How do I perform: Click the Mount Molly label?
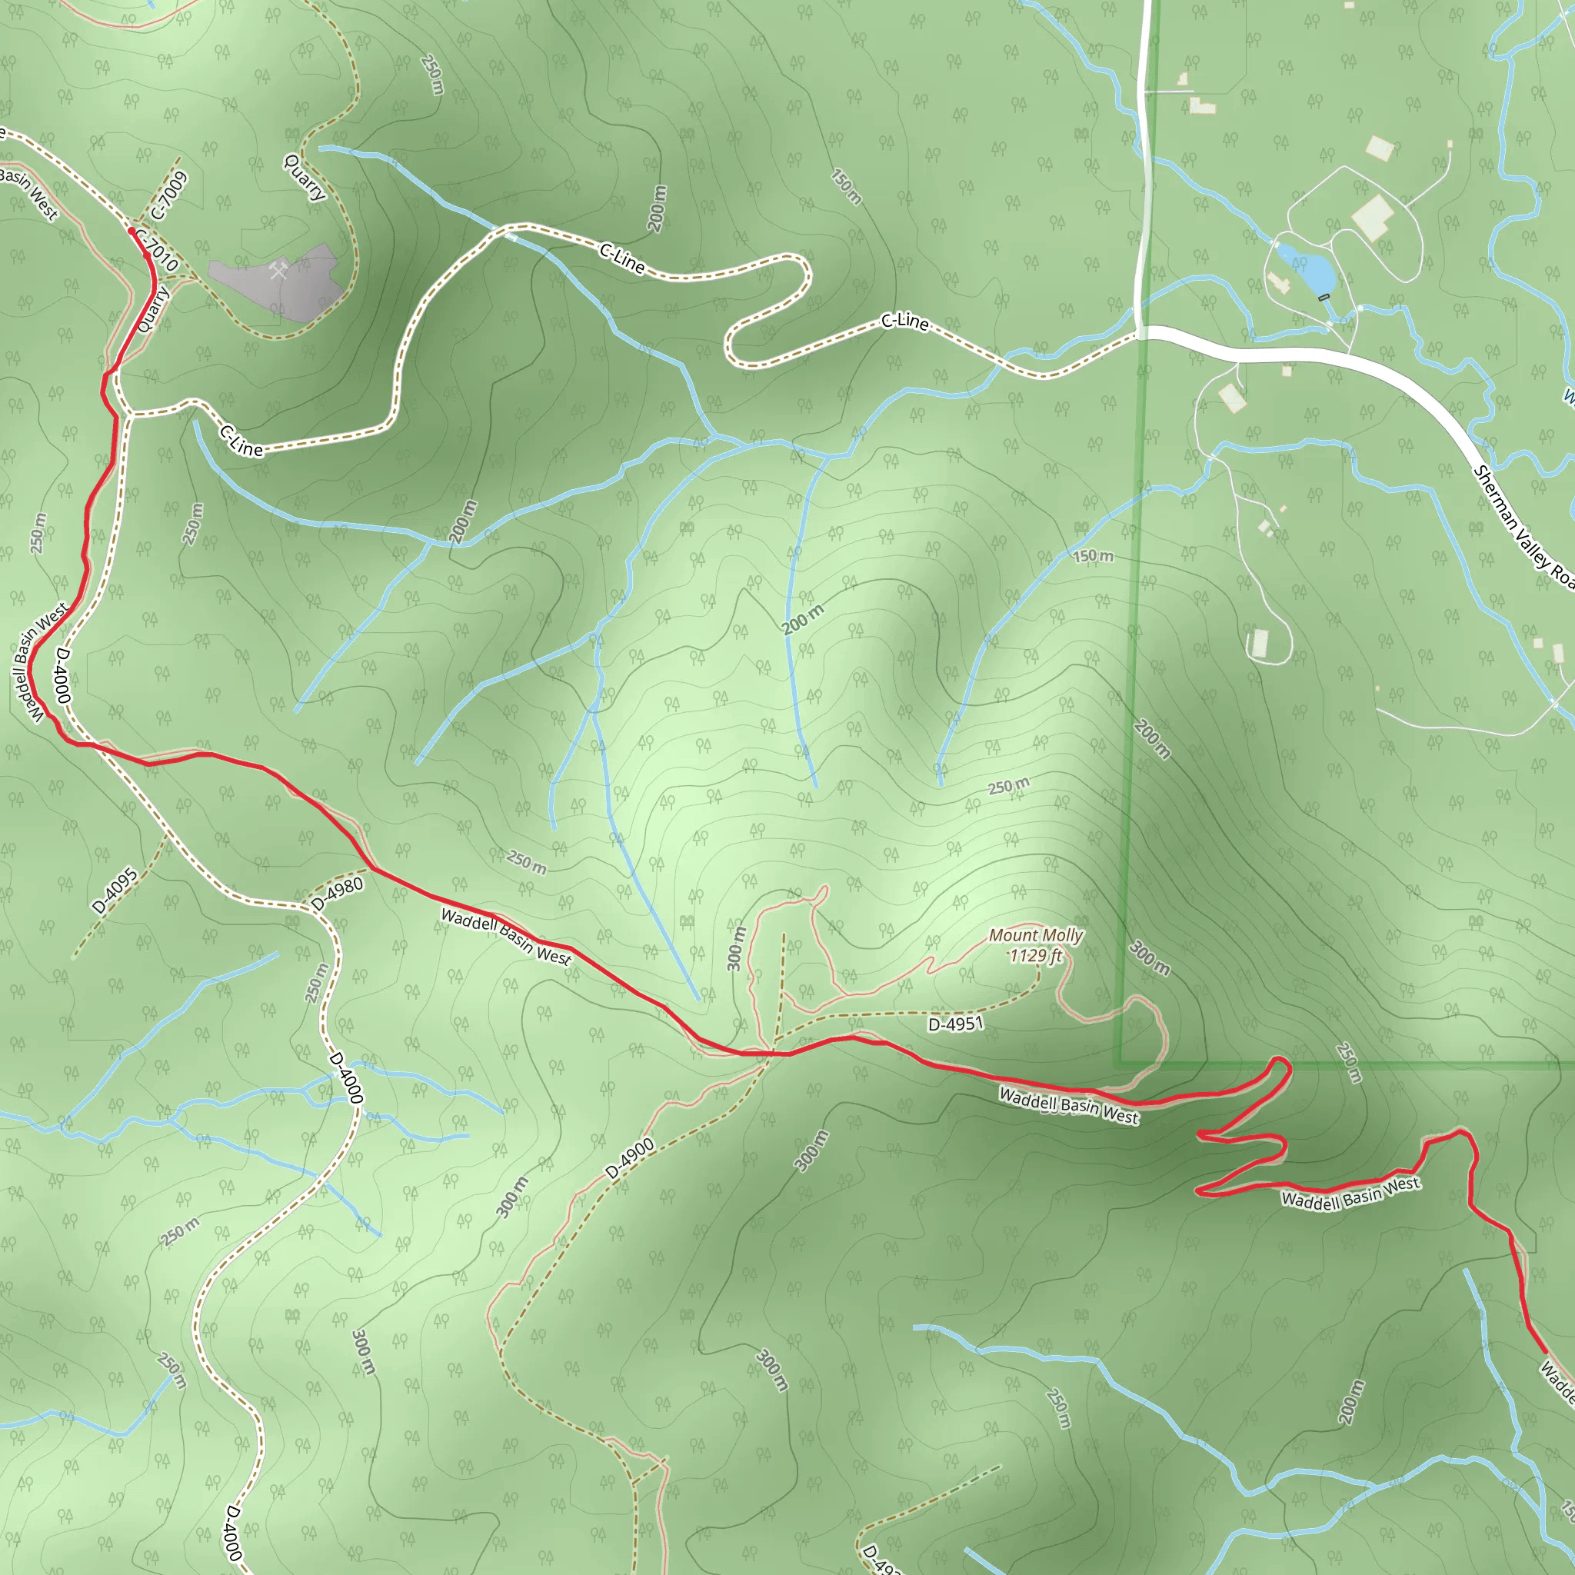1035,935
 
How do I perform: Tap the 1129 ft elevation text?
1035,955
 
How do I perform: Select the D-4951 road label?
955,1023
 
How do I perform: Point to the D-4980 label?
338,894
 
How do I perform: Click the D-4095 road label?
115,891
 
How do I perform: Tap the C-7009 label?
169,195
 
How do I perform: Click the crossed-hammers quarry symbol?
278,270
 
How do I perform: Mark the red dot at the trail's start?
132,231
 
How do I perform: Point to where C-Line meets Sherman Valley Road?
1141,331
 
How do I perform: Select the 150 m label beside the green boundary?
1092,557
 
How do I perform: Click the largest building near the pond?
1374,216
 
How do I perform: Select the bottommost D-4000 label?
235,1533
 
